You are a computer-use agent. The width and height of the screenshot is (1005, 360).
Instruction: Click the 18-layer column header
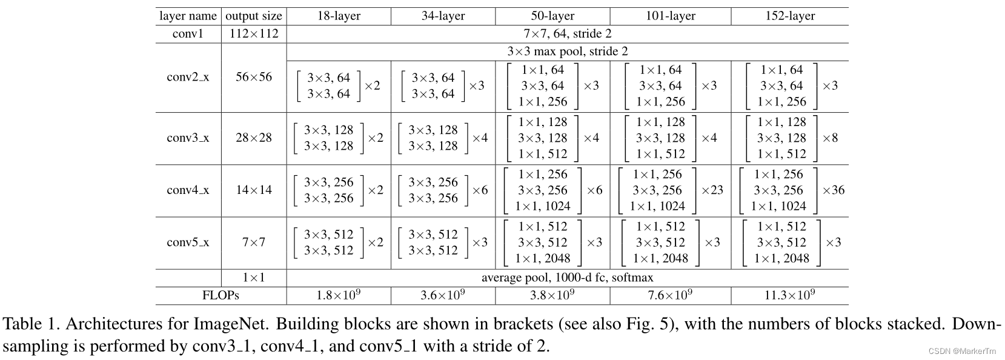[339, 16]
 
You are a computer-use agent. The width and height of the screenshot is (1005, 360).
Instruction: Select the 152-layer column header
[790, 16]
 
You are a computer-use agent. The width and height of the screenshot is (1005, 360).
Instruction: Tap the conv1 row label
[188, 33]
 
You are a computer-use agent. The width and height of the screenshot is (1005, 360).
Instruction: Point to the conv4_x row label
[188, 190]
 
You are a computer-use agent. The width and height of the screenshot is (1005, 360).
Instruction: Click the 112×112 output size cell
[254, 33]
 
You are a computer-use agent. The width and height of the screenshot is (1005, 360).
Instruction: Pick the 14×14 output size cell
[254, 190]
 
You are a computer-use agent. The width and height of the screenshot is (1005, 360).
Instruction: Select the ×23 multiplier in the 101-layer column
[712, 190]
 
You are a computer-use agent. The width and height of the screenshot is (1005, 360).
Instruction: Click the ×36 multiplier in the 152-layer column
[833, 190]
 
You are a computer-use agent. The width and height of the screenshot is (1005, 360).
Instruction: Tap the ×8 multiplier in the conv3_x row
[830, 138]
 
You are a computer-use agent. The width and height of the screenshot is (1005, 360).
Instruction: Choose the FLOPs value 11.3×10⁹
[790, 295]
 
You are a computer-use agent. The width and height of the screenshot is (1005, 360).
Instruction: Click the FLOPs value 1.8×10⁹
[339, 295]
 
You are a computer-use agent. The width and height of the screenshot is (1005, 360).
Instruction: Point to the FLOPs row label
[221, 296]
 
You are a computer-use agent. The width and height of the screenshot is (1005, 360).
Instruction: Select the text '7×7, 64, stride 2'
[567, 33]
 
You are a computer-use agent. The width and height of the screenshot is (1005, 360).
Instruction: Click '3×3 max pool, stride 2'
[567, 52]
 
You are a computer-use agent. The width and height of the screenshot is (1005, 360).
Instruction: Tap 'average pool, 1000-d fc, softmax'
[567, 278]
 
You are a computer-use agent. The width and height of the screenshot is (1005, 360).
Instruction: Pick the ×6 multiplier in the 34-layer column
[480, 190]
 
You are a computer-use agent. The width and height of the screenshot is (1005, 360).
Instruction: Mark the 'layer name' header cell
[188, 16]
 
